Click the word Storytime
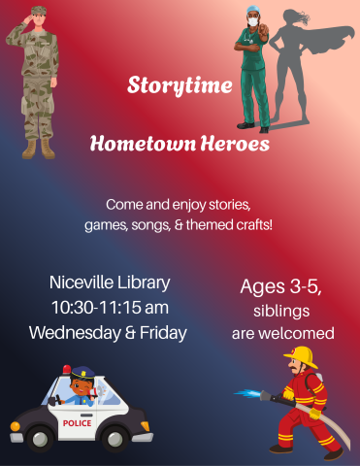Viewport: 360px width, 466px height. tap(180, 85)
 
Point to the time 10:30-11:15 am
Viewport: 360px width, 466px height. tap(109, 308)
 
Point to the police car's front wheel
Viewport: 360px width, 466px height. tap(39, 438)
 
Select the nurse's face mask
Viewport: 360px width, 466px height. tap(254, 18)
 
